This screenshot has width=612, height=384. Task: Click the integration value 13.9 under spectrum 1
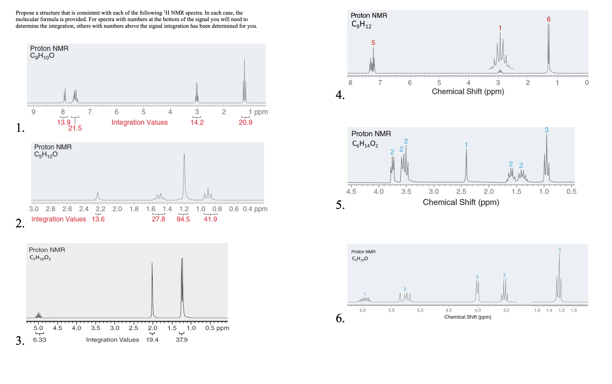(x=64, y=122)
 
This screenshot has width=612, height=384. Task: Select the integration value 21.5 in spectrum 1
(x=75, y=128)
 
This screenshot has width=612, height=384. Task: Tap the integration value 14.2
(x=197, y=122)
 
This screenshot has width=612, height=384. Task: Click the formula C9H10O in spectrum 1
(x=42, y=56)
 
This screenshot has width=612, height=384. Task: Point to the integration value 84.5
(x=183, y=219)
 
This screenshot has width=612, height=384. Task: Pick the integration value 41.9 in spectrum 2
(x=210, y=219)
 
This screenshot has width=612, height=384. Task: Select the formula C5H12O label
(x=46, y=155)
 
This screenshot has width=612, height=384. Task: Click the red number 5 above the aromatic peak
(x=373, y=43)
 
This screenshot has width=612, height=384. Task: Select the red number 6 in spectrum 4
(x=548, y=19)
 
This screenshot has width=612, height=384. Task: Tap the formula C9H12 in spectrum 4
(x=361, y=24)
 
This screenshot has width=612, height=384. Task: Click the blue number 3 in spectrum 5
(x=546, y=130)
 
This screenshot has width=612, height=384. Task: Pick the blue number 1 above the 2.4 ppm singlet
(x=466, y=145)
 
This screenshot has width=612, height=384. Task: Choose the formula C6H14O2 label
(x=365, y=144)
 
